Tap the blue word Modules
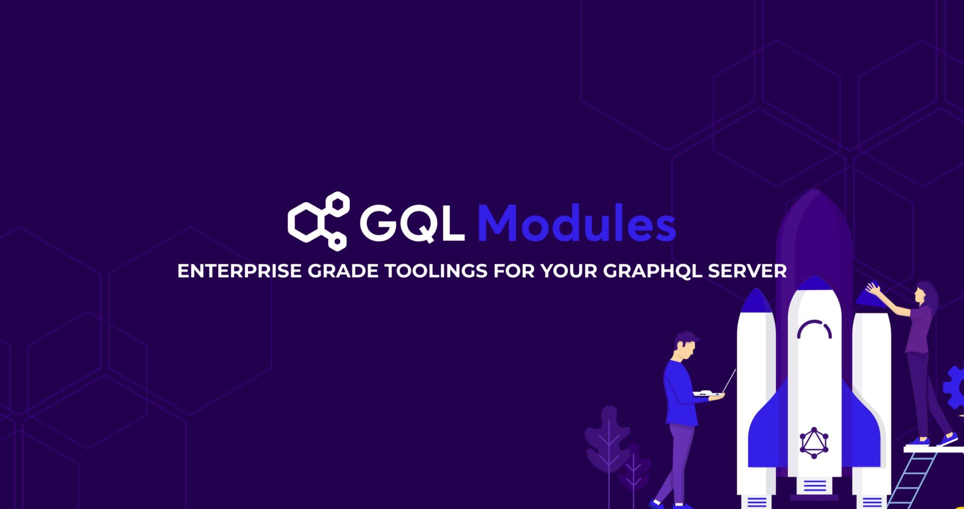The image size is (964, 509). (576, 223)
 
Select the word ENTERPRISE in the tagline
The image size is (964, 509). (240, 271)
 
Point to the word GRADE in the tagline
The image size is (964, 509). (343, 271)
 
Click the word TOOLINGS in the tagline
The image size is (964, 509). (436, 271)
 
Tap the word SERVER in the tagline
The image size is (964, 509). (747, 271)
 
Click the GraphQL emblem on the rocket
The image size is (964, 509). (814, 443)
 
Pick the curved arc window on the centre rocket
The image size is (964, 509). (815, 329)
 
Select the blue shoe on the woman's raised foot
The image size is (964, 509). (947, 440)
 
